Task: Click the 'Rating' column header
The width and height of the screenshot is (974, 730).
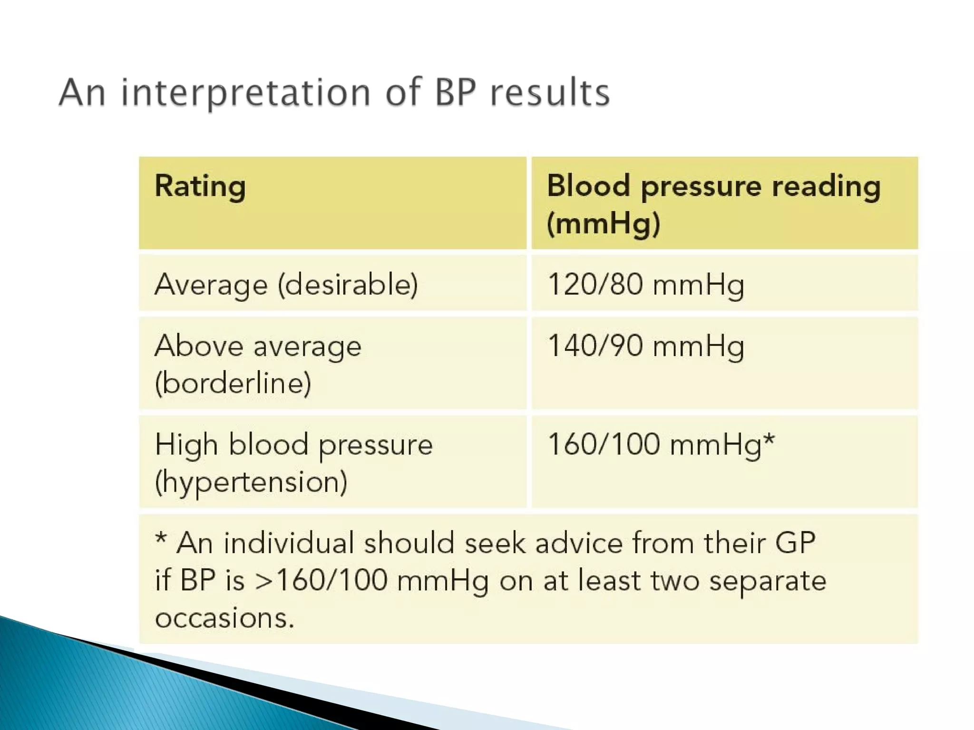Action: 200,186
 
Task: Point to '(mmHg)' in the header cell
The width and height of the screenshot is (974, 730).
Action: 604,223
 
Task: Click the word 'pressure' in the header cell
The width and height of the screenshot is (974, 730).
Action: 701,186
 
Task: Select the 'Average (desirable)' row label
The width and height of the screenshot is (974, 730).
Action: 286,285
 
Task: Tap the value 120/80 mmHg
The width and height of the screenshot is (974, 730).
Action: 645,285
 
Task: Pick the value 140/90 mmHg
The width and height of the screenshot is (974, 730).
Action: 645,346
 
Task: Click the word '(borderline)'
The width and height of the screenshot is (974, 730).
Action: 233,383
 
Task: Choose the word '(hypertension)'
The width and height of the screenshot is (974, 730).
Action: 251,482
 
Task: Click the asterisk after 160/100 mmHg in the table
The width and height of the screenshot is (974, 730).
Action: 769,440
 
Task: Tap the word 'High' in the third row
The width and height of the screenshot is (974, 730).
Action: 186,445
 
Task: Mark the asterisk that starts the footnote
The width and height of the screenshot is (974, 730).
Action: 161,539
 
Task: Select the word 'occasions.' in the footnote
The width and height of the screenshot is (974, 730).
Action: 224,618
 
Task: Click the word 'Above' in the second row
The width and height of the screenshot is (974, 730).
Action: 198,346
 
